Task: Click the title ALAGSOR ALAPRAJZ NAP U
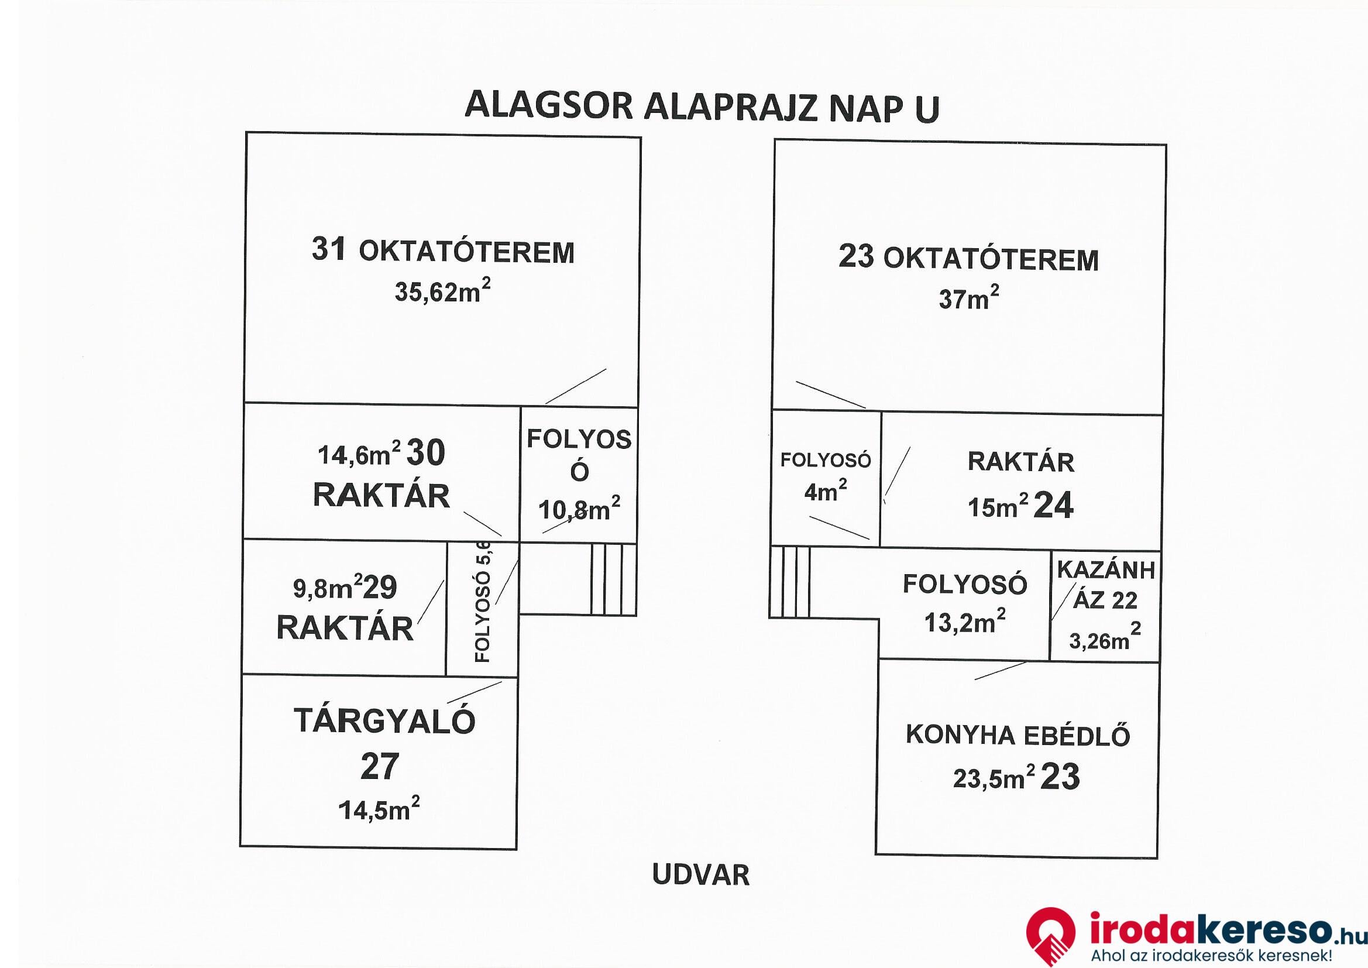pos(702,107)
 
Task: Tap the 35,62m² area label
pos(443,291)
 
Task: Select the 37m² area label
pos(969,297)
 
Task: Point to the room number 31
pos(328,249)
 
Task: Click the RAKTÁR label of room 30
pos(381,495)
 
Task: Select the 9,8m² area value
pos(328,587)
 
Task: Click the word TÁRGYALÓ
pos(384,721)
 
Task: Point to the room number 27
pos(379,767)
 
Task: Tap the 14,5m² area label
pos(379,809)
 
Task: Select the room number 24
pos(1053,506)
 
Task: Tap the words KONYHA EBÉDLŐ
pos(1018,735)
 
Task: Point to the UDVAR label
pos(701,875)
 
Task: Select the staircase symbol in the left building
pos(614,579)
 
